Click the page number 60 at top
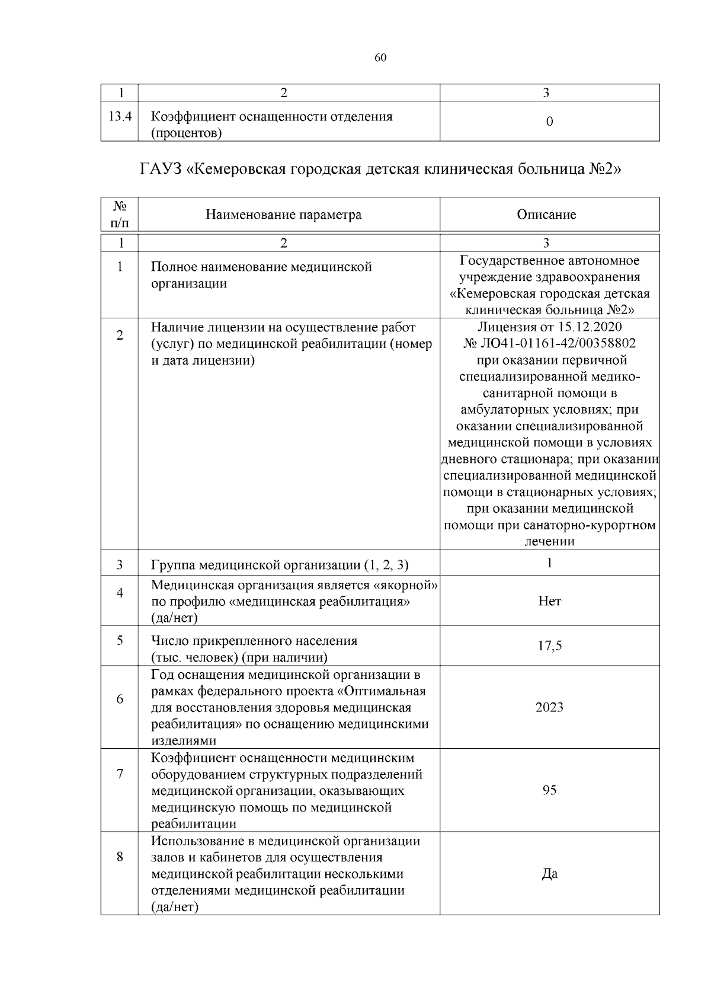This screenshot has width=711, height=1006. pos(380,58)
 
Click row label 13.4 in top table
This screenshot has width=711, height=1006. pos(120,116)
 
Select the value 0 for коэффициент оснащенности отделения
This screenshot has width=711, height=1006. pos(549,122)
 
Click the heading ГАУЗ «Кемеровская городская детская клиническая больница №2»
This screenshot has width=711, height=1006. pos(380,170)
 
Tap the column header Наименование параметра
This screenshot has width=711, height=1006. pos(283,215)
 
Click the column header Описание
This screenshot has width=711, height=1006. pos(546,215)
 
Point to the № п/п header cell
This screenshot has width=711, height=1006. pos(120,215)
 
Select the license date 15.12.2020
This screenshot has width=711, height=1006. pos(589,327)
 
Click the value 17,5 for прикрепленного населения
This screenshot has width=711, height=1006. pos(549,646)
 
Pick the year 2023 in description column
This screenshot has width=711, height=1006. pos(549,707)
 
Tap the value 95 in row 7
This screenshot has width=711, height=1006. pos(549,790)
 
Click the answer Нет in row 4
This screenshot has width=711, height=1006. pos(549,601)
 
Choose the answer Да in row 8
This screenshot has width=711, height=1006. pos(549,874)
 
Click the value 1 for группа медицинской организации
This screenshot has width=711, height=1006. pos(549,563)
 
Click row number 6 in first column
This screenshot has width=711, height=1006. pos(120,700)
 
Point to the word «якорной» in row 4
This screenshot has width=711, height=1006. pos(406,586)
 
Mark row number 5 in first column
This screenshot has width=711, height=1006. pos(120,641)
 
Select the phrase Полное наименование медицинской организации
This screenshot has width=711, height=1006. pos(261,275)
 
